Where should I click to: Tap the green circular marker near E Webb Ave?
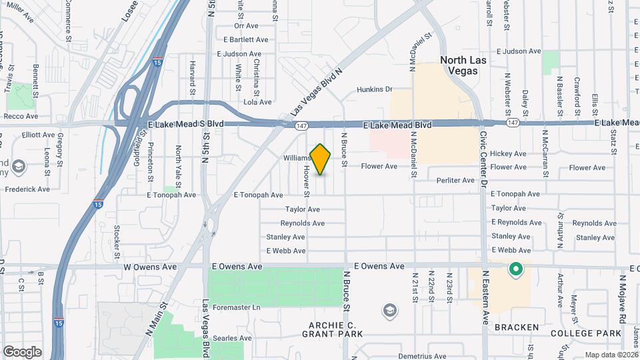click(515, 270)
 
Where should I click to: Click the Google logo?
click(22, 351)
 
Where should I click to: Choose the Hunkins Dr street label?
click(375, 89)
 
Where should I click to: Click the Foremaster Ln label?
click(237, 307)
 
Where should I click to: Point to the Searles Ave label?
click(233, 338)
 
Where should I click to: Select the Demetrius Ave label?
click(422, 356)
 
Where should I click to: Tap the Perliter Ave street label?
click(455, 181)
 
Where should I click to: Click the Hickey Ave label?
click(508, 153)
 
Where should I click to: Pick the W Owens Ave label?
click(150, 267)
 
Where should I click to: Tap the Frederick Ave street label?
click(27, 189)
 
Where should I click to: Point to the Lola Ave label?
click(258, 102)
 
